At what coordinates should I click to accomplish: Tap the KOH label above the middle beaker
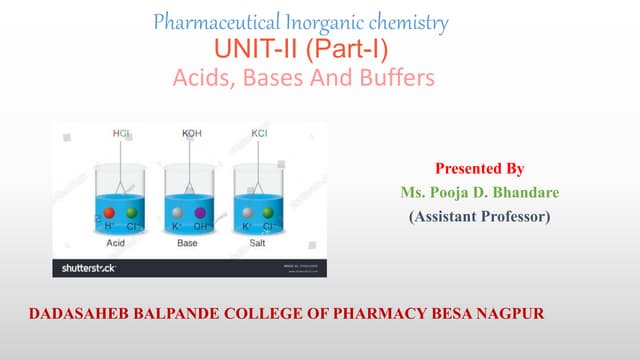192,132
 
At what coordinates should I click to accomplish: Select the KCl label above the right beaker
260,132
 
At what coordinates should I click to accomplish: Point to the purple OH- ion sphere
200,213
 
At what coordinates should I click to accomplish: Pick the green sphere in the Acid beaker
131,213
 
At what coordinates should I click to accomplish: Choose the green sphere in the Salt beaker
267,213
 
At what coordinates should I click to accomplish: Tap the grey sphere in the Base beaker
178,213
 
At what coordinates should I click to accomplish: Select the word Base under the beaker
188,243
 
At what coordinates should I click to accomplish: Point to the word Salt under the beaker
257,243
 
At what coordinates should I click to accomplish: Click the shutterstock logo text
87,268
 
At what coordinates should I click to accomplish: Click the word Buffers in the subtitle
399,77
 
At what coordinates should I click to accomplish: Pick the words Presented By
480,168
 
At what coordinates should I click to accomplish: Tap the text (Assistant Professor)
480,213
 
